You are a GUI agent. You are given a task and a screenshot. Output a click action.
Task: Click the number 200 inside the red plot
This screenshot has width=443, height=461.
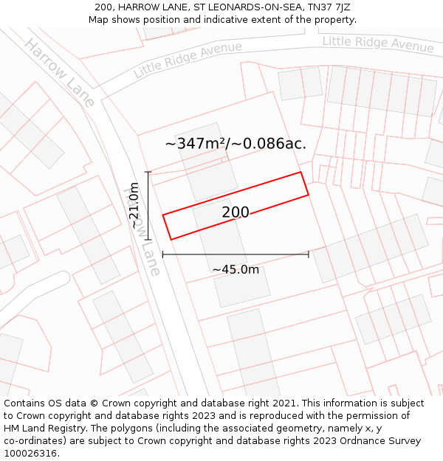tap(236, 212)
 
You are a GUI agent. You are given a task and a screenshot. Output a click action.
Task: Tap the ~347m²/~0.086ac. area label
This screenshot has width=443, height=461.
tap(236, 143)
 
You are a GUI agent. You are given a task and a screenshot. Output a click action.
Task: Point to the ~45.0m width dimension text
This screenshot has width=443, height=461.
tap(236, 269)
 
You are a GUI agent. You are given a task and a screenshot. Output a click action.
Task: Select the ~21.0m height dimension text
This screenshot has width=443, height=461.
tap(134, 206)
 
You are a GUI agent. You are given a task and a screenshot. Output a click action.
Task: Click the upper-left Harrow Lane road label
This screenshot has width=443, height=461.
tap(59, 72)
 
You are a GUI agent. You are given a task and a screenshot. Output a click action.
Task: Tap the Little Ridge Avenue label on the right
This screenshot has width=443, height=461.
tap(378, 44)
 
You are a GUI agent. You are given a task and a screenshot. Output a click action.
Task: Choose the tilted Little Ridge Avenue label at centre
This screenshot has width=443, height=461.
tap(188, 60)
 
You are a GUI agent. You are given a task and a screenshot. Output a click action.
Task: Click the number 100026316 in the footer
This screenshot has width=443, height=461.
tap(30, 453)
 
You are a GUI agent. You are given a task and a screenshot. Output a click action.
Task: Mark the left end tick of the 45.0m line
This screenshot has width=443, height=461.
tap(162, 254)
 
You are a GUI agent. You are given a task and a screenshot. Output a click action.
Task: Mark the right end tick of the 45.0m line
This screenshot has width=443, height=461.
tap(309, 254)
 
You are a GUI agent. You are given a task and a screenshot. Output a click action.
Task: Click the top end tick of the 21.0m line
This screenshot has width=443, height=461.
tap(148, 173)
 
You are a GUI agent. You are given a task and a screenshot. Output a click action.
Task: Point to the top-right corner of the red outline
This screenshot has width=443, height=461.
tap(301, 173)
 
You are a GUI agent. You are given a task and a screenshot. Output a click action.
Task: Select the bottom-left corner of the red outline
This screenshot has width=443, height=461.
tap(171, 239)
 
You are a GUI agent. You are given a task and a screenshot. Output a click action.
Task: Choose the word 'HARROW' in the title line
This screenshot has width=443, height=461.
tap(139, 7)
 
